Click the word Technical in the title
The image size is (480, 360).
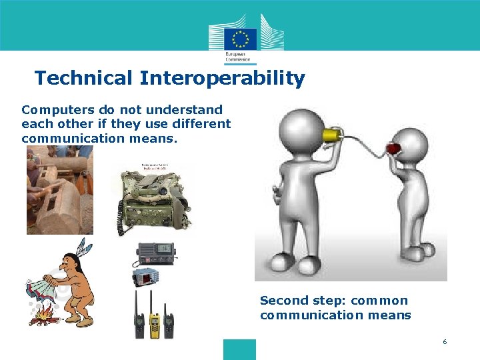(83, 79)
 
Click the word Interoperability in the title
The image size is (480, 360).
(222, 79)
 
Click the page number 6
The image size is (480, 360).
(444, 342)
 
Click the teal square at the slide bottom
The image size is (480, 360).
(239, 349)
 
